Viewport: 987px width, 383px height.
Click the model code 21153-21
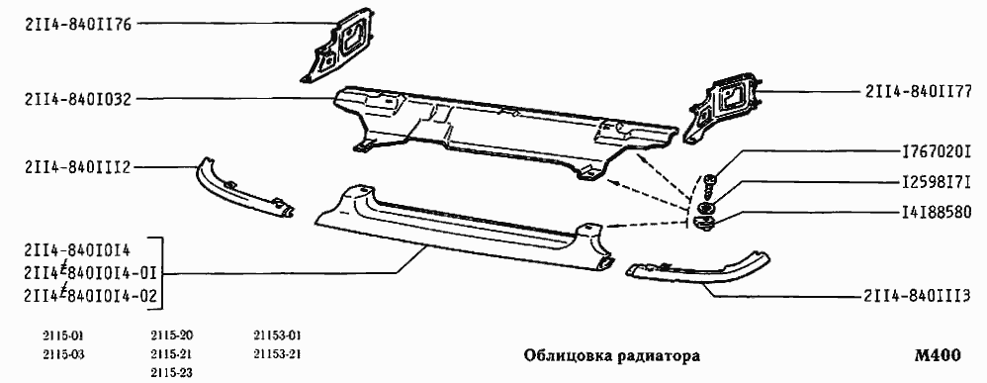point(277,353)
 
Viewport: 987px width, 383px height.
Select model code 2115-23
point(172,372)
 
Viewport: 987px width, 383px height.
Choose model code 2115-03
point(63,353)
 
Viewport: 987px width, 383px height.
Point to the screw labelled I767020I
point(711,183)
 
